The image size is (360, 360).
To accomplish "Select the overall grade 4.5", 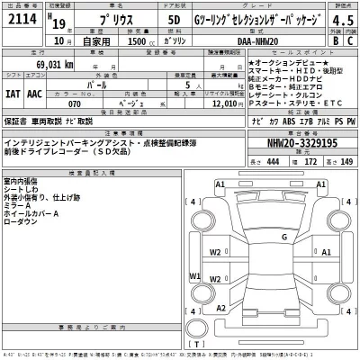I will [x=342, y=22].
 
